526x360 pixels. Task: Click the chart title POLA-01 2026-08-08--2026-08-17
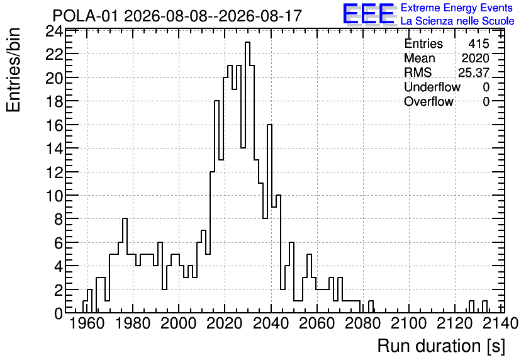[x=177, y=16]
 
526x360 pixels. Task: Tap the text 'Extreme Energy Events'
[x=457, y=8]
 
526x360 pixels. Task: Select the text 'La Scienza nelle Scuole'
[x=457, y=21]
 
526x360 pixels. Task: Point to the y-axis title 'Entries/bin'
[x=14, y=70]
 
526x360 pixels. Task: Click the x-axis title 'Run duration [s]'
[x=441, y=346]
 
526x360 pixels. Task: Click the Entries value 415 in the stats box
[x=479, y=43]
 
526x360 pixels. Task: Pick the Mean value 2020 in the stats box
[x=475, y=58]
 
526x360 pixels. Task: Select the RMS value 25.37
[x=474, y=72]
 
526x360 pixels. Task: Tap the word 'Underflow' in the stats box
[x=432, y=87]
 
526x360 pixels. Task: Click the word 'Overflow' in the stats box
[x=428, y=101]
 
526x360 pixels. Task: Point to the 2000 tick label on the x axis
[x=179, y=323]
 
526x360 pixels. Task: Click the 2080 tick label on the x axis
[x=363, y=323]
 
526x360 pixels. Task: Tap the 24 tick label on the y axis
[x=54, y=31]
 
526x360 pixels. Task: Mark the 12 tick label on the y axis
[x=54, y=172]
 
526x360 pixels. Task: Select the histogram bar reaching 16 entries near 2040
[x=269, y=218]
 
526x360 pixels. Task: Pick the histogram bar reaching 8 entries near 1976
[x=125, y=266]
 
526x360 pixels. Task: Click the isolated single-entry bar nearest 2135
[x=484, y=307]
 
